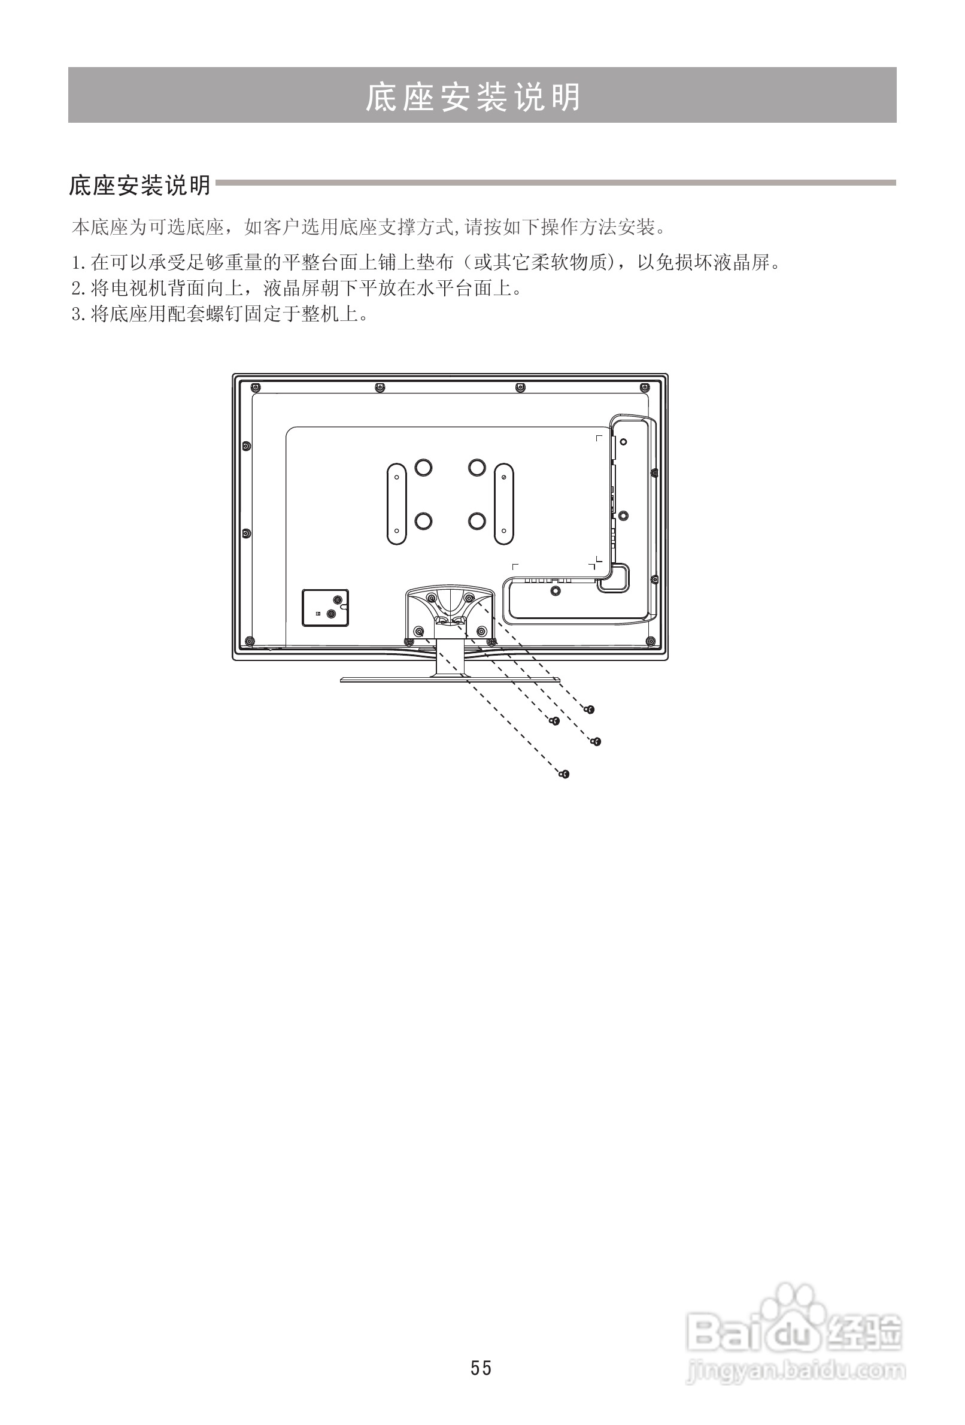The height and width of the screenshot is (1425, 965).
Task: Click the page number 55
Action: coord(481,1368)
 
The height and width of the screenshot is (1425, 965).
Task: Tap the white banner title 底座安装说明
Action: coord(473,97)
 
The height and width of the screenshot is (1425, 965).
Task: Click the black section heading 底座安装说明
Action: coord(140,185)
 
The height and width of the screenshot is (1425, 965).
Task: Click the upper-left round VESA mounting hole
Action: coord(423,468)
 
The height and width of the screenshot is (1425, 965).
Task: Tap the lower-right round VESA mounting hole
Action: coord(477,521)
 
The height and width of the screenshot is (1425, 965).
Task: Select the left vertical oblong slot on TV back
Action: coord(397,504)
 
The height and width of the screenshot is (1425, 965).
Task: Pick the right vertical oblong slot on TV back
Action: coord(503,504)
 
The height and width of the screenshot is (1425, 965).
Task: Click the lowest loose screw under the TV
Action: coord(565,774)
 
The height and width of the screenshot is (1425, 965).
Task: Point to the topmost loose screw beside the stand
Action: coord(589,710)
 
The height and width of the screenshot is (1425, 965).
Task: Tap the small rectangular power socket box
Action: coord(325,608)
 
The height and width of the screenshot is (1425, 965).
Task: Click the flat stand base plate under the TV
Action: coord(451,680)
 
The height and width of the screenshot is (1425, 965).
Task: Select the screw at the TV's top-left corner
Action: coord(256,387)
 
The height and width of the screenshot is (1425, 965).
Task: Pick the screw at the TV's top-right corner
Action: coord(644,387)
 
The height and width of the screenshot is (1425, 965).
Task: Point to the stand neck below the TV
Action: coord(451,659)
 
